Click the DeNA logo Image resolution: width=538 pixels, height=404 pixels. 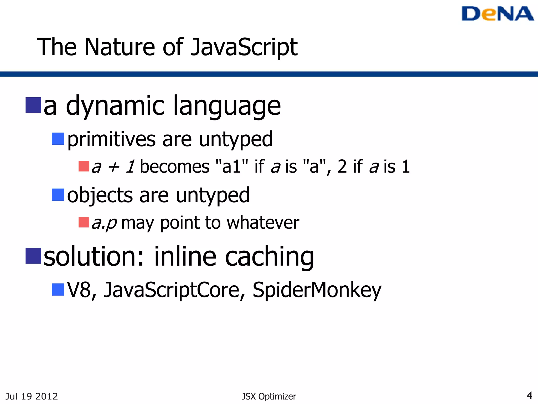(497, 14)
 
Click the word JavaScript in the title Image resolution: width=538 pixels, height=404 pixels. (244, 47)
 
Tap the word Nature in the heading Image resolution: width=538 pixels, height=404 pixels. (120, 47)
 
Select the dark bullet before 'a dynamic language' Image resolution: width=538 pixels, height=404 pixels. (33, 105)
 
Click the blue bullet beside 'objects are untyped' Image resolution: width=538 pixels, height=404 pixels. (58, 195)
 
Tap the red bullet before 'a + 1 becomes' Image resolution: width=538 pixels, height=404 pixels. (84, 166)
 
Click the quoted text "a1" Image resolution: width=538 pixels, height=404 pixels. (231, 166)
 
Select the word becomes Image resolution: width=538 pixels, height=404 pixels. (175, 166)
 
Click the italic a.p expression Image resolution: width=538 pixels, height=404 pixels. (104, 223)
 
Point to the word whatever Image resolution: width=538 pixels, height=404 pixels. (263, 223)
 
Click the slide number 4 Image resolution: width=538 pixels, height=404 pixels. (529, 395)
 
